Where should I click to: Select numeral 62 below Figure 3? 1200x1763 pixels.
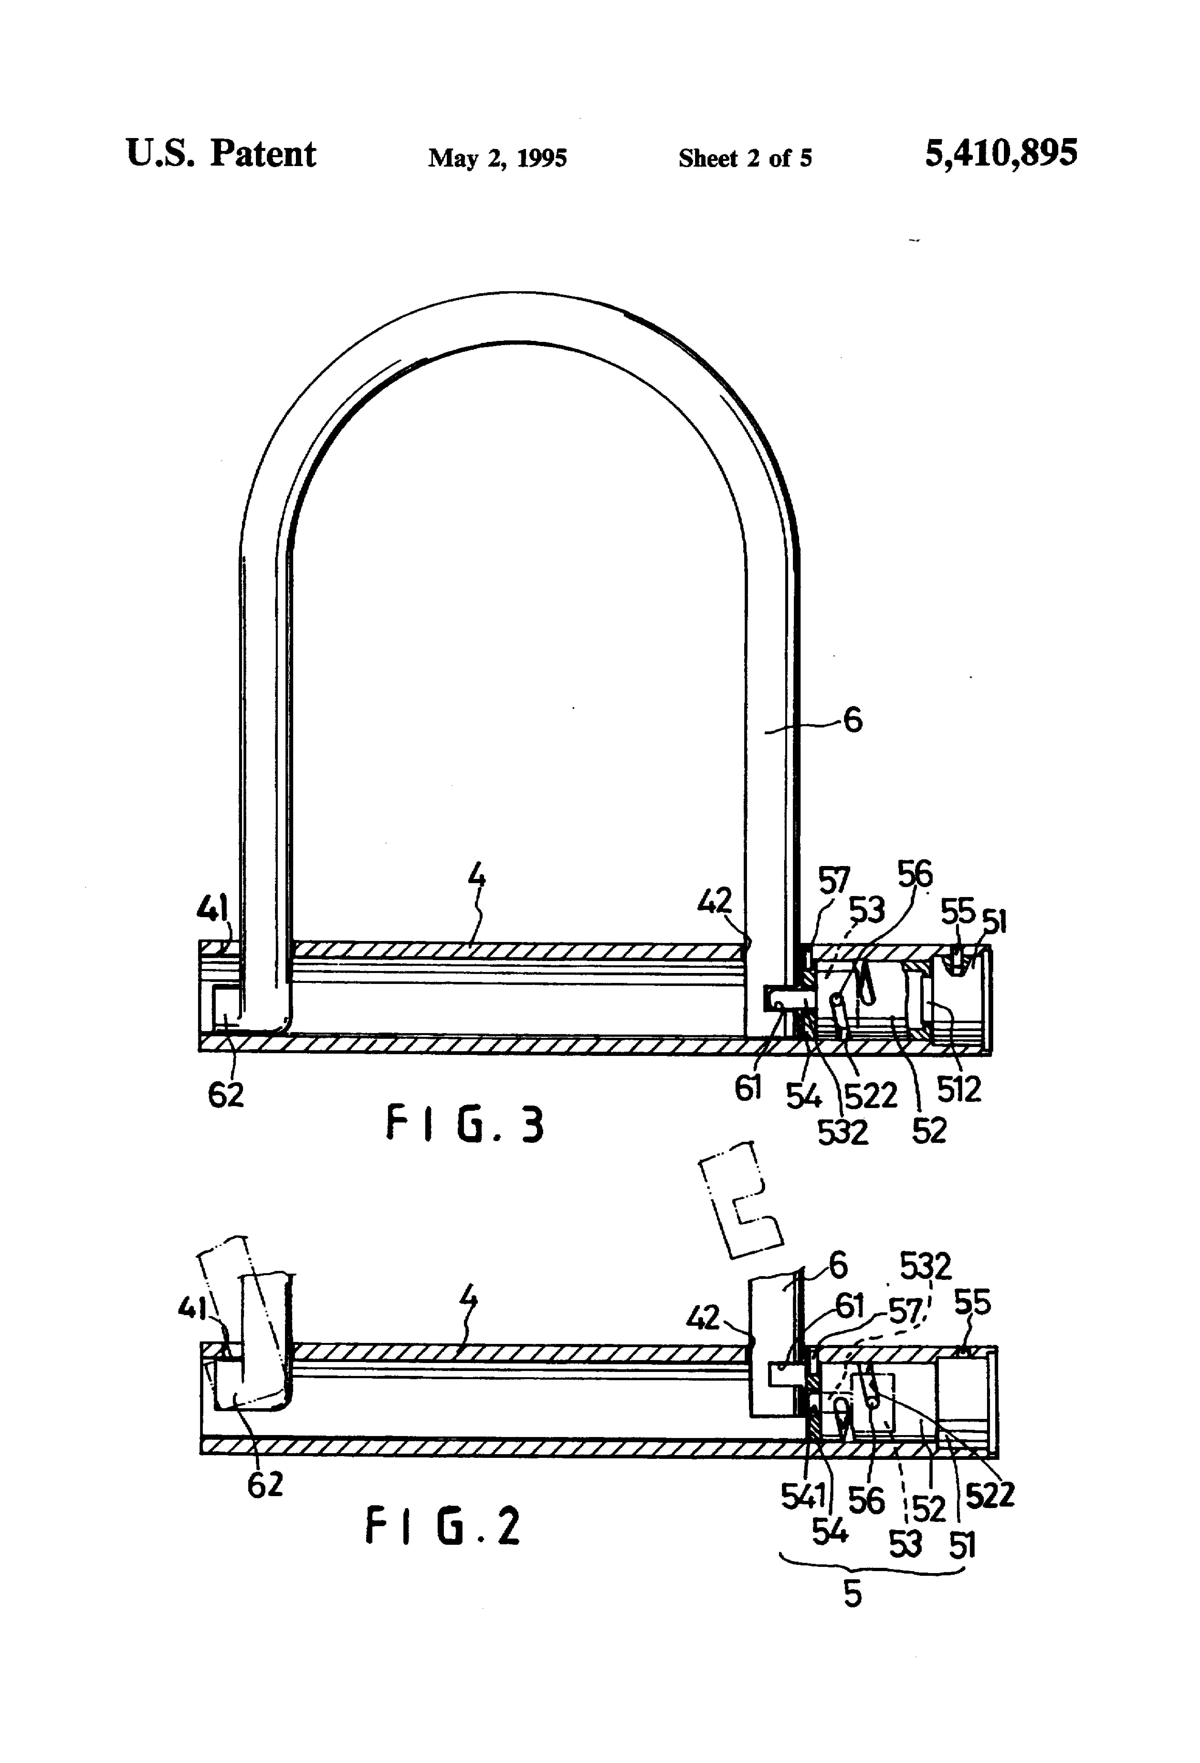tap(226, 1095)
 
